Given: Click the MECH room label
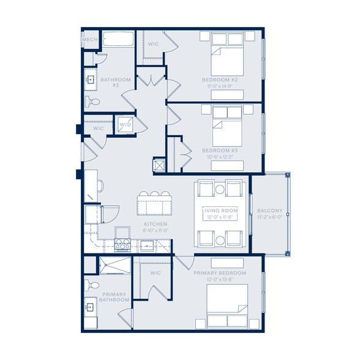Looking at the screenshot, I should pyautogui.click(x=90, y=40).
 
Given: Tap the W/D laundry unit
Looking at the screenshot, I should pyautogui.click(x=126, y=125).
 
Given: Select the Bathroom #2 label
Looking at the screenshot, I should pyautogui.click(x=115, y=82).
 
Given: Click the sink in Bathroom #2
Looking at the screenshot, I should pyautogui.click(x=90, y=80).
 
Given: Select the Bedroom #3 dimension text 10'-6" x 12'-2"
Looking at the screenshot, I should pyautogui.click(x=219, y=157).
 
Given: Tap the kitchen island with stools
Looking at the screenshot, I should pyautogui.click(x=154, y=204).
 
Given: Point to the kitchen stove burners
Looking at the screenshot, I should pyautogui.click(x=122, y=244).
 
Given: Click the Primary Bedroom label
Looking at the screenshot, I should pyautogui.click(x=219, y=272).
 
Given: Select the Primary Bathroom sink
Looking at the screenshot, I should pyautogui.click(x=90, y=307).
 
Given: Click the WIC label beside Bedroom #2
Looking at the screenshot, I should pyautogui.click(x=154, y=44).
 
